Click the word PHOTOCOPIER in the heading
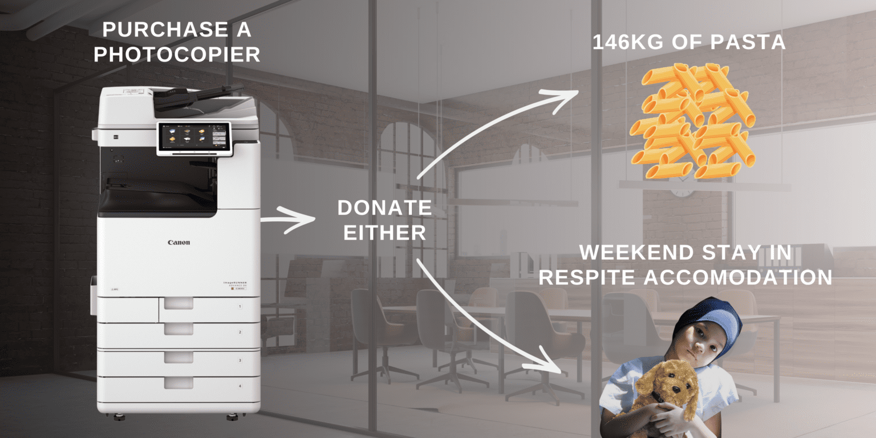tap(177, 54)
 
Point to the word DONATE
tap(384, 208)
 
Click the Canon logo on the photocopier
tap(179, 242)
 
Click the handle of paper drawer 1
tap(179, 303)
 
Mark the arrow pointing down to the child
tap(490, 319)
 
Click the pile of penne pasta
tap(692, 120)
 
